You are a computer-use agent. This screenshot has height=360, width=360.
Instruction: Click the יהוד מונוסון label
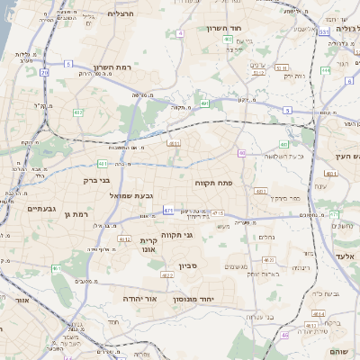(x=208, y=298)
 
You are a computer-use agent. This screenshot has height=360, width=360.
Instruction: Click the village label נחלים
(x=267, y=237)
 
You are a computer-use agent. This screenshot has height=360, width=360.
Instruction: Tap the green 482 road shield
(x=78, y=112)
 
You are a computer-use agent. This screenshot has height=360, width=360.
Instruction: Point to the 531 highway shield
(x=323, y=31)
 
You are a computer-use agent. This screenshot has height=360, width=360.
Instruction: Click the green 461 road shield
(x=56, y=268)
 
